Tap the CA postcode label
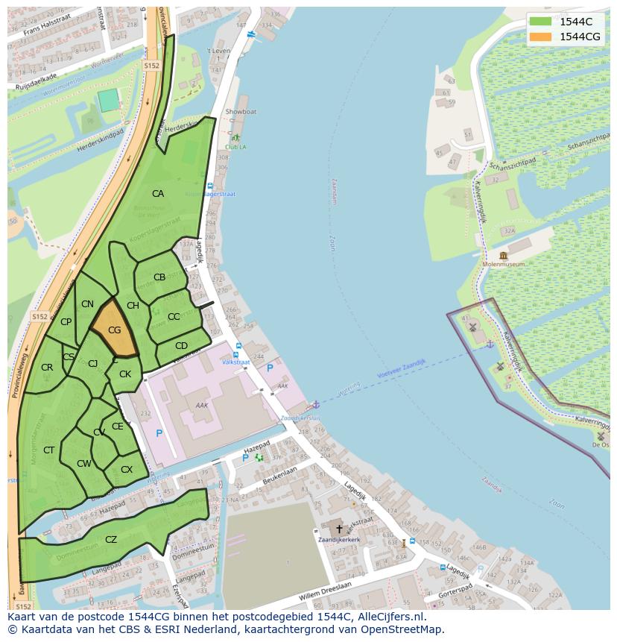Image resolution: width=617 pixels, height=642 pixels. point(158,194)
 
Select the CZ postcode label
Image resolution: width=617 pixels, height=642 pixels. point(111,540)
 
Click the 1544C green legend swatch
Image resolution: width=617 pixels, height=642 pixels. point(540,22)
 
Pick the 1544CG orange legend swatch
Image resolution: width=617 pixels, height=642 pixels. point(540,37)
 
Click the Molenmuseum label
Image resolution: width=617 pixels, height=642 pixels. point(504,264)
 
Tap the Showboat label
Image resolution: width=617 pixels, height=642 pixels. point(241,112)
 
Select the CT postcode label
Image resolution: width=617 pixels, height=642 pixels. point(49,450)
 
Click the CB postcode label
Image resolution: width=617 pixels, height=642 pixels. point(159,277)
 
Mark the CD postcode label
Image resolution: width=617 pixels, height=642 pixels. point(181,346)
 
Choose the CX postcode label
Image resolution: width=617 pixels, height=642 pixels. point(127,470)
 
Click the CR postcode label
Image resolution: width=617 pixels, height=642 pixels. point(47,368)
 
